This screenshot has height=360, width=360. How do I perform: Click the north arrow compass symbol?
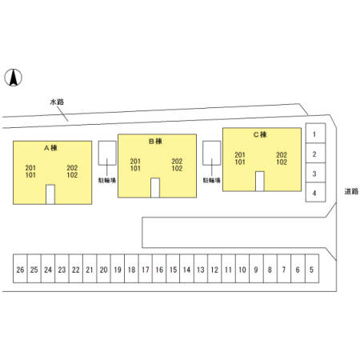coord(13,78)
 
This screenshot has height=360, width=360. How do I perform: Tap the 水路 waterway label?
coord(57,102)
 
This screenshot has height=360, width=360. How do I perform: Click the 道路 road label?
coord(351,191)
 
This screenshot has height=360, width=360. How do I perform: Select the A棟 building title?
coord(50,147)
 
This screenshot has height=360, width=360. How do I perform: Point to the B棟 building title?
coord(155,141)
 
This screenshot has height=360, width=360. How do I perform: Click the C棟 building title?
coord(260,134)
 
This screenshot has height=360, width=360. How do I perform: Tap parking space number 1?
coord(315,133)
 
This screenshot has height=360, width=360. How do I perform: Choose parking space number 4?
coord(315,192)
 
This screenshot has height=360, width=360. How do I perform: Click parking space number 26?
coord(20,268)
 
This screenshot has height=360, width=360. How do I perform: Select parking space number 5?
coord(312,268)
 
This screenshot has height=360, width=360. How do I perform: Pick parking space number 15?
coord(173,268)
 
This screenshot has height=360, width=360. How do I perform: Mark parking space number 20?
coord(103,268)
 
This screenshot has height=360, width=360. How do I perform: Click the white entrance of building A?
coord(50,194)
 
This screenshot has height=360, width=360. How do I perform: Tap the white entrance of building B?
coord(155,188)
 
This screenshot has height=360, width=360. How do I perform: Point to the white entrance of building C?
coord(260,182)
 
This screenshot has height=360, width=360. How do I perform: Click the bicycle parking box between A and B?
coord(107,153)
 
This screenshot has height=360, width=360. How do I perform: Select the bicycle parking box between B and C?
coord(212,153)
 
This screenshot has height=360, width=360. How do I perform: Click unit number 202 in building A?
coord(72,168)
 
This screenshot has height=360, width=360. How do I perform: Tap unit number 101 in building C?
coord(240,162)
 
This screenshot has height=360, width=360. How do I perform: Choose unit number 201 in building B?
coord(135,162)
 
